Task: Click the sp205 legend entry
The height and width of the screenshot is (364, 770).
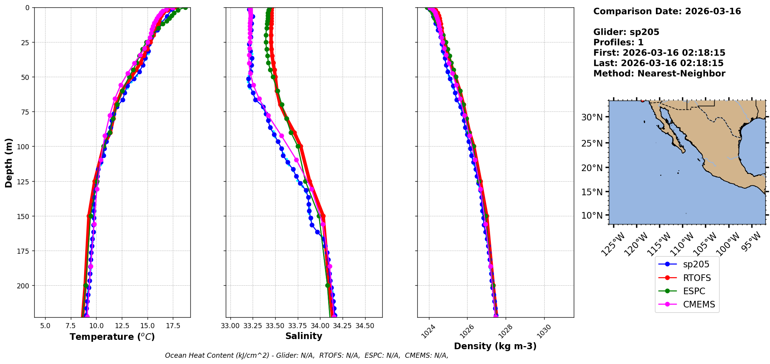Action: coord(696,264)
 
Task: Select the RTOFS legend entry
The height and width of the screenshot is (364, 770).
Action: coord(696,278)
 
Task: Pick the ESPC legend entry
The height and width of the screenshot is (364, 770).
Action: coord(694,291)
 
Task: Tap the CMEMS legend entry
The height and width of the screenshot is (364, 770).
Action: coord(699,304)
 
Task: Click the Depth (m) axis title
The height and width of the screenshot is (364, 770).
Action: coord(9,163)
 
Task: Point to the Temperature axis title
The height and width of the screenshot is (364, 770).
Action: coord(112,337)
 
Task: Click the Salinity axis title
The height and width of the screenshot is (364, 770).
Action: coord(304,336)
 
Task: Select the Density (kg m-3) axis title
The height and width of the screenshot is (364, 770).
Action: coord(495,346)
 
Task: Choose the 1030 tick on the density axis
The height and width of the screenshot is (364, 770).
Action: coord(544,331)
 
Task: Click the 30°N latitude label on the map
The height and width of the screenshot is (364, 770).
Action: coord(592,117)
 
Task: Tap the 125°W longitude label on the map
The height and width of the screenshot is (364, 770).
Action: coord(613,244)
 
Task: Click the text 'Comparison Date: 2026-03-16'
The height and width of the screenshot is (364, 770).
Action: coord(667,11)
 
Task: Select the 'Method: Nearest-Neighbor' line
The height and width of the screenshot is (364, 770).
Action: coord(659,74)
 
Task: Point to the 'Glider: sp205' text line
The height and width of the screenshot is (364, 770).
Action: coord(626,32)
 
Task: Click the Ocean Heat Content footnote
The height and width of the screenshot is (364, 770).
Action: coord(306,355)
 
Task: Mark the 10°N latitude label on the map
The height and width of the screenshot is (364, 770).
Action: coord(592,216)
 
